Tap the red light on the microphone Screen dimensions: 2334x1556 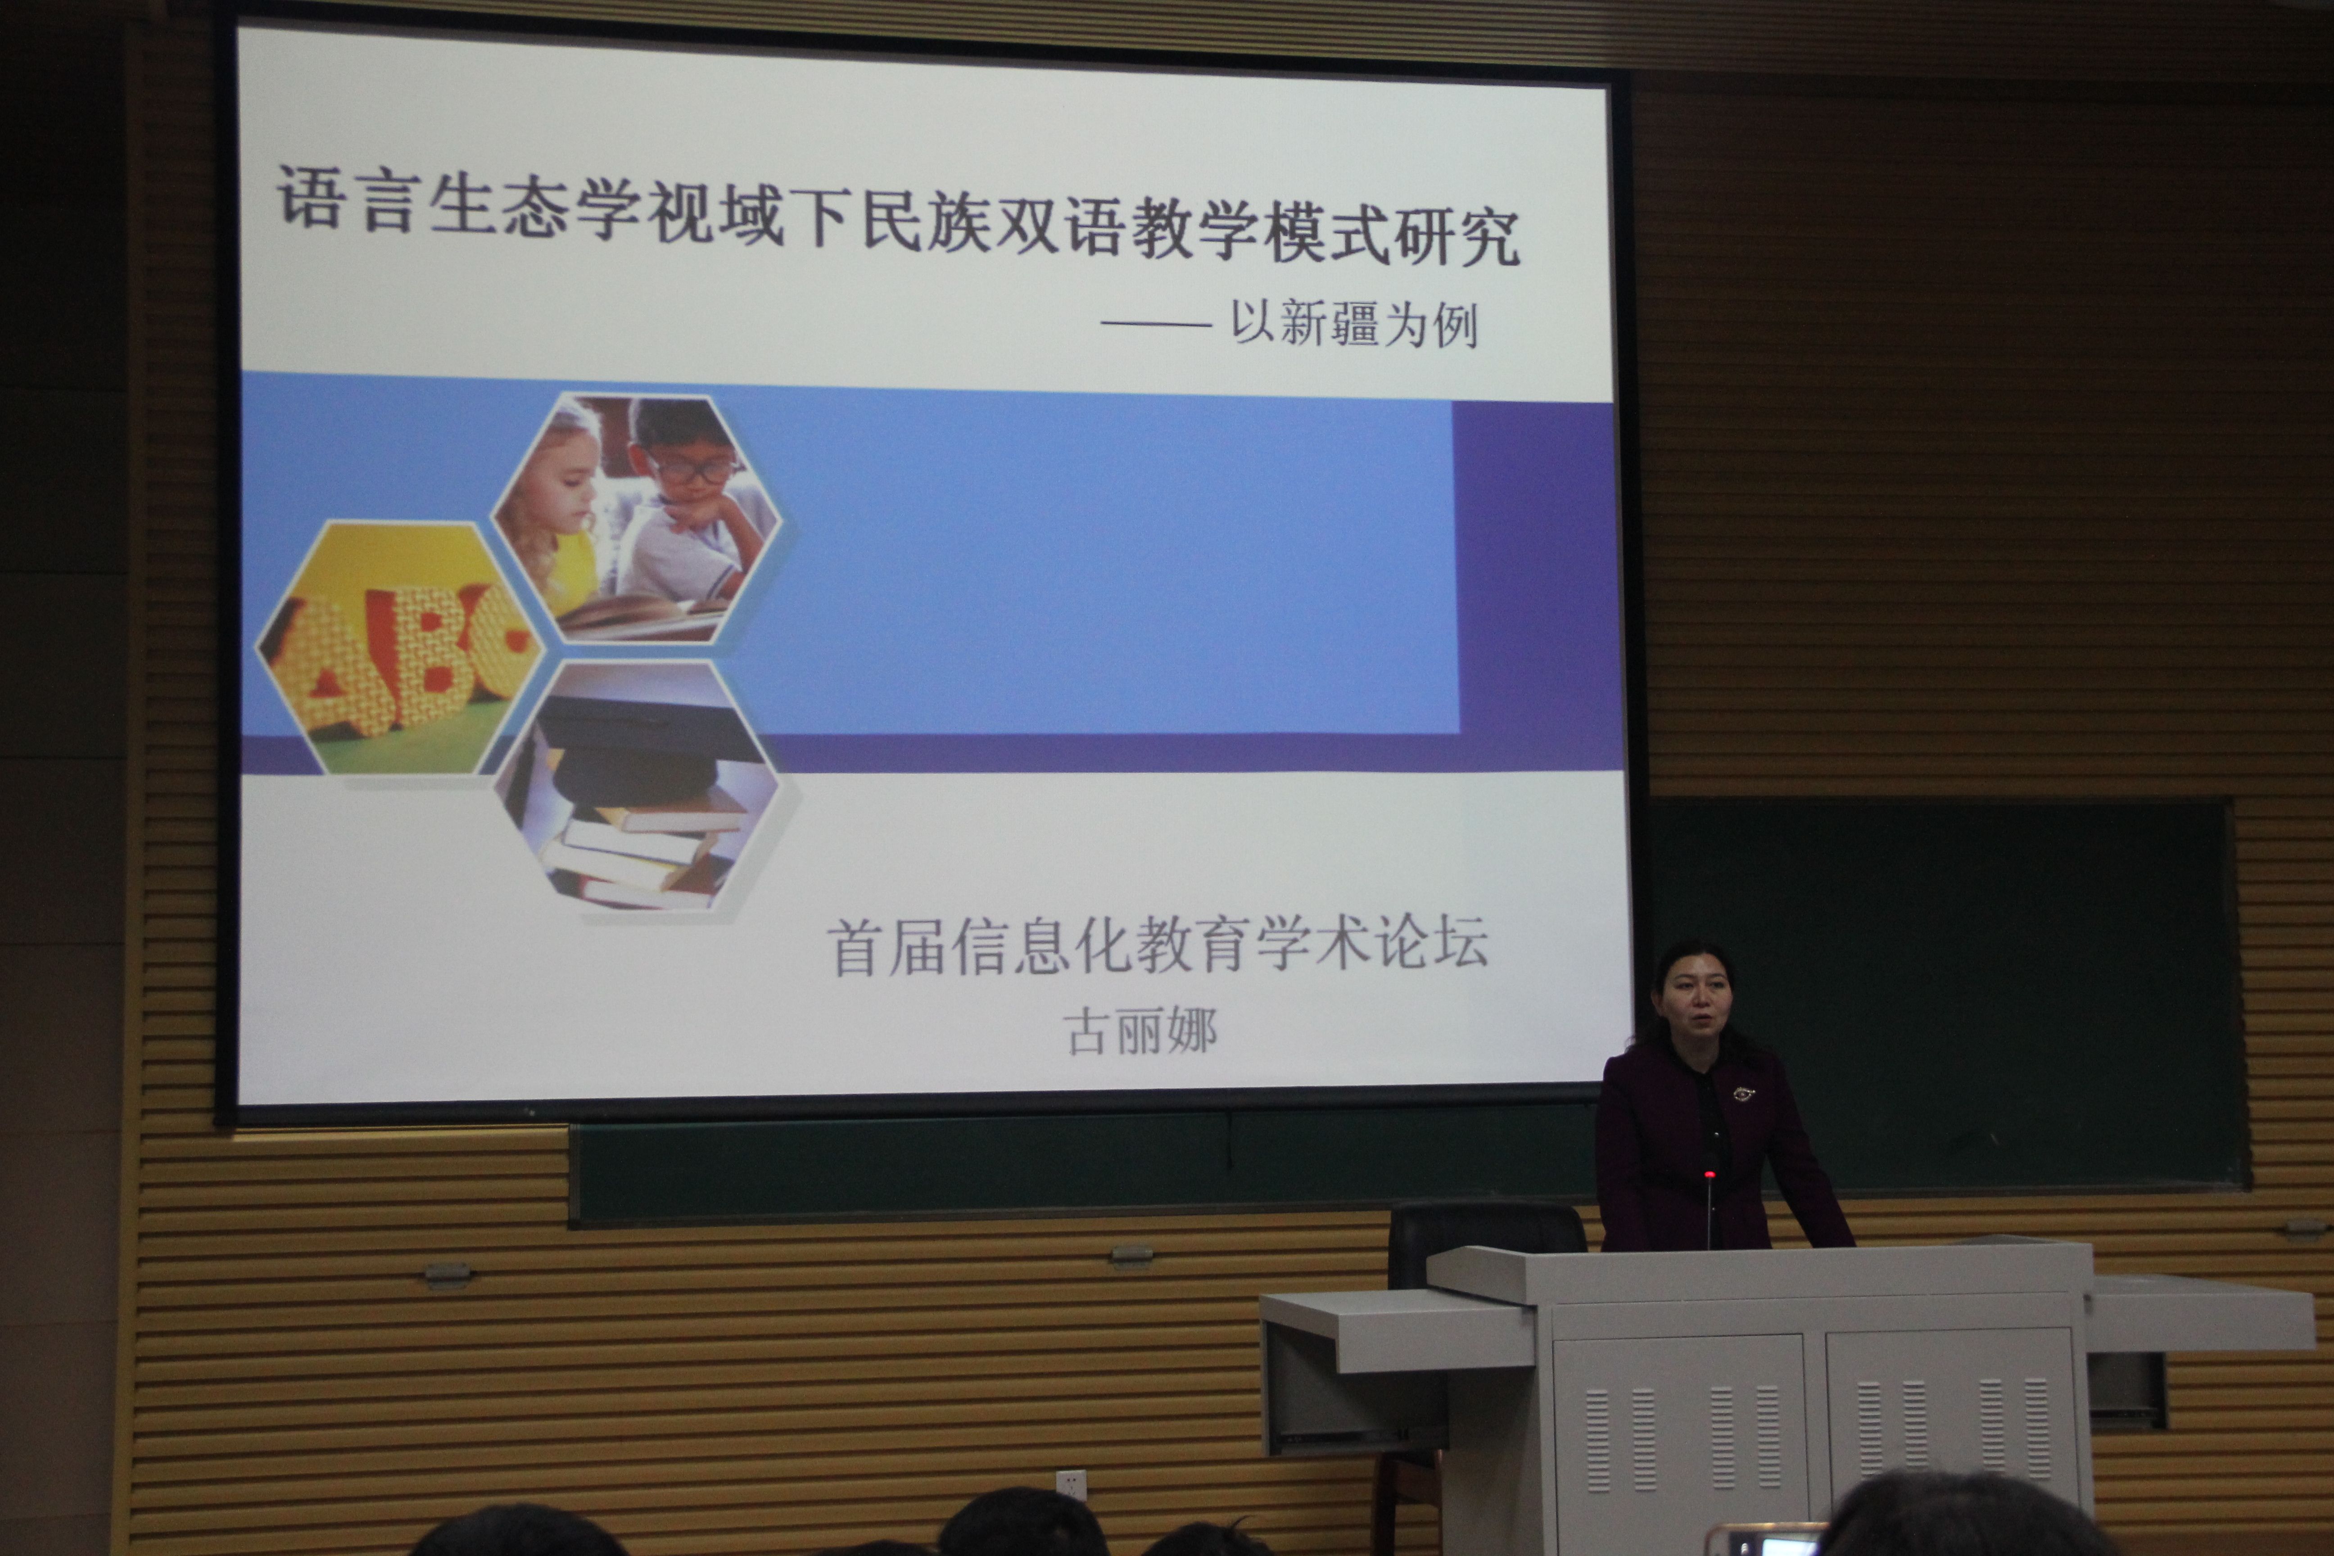click(x=1709, y=1176)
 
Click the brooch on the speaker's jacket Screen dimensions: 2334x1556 click(x=1742, y=1094)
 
